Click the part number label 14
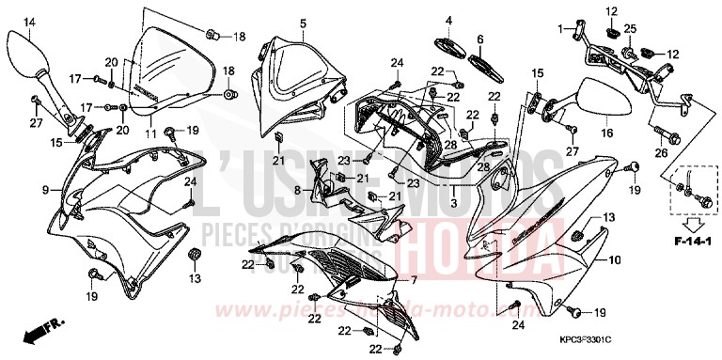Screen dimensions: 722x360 [x=28, y=23]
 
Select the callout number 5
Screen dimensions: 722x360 [x=276, y=23]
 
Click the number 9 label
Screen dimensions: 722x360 [x=44, y=190]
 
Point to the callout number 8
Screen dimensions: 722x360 [x=298, y=191]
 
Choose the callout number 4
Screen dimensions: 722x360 [x=449, y=21]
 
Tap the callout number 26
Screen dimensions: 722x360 [x=660, y=152]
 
